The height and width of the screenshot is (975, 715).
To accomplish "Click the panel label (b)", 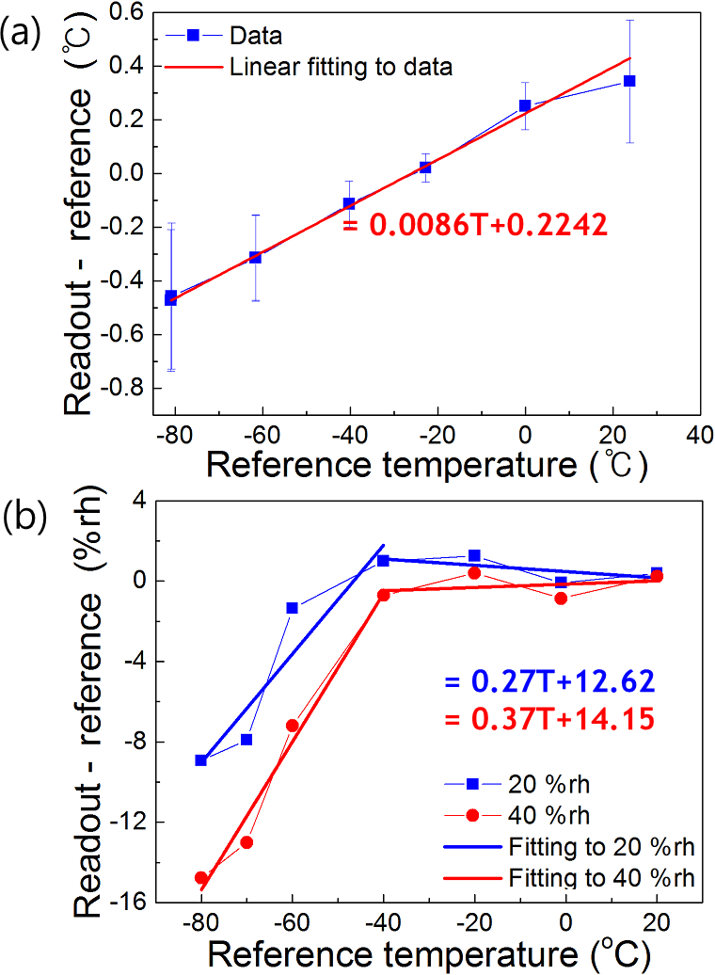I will point(21,520).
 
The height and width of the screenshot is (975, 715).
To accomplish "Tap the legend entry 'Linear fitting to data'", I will point(341,67).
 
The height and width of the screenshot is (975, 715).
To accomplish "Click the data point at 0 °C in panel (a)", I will point(525,105).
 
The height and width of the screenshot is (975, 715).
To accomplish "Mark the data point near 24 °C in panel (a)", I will point(629,81).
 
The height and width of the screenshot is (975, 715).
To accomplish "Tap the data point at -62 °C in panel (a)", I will point(255,257).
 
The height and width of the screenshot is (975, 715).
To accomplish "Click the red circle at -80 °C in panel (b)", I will point(201,877).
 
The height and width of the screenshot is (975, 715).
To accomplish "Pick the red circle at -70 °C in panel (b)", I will point(246,842).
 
